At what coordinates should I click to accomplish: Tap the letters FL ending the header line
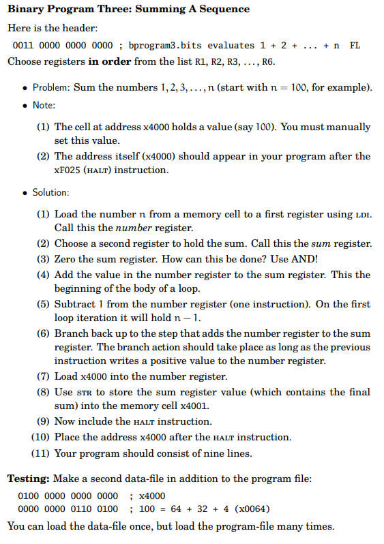(355, 46)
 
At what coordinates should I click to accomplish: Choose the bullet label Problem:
(51, 87)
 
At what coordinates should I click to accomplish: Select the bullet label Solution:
(50, 192)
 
